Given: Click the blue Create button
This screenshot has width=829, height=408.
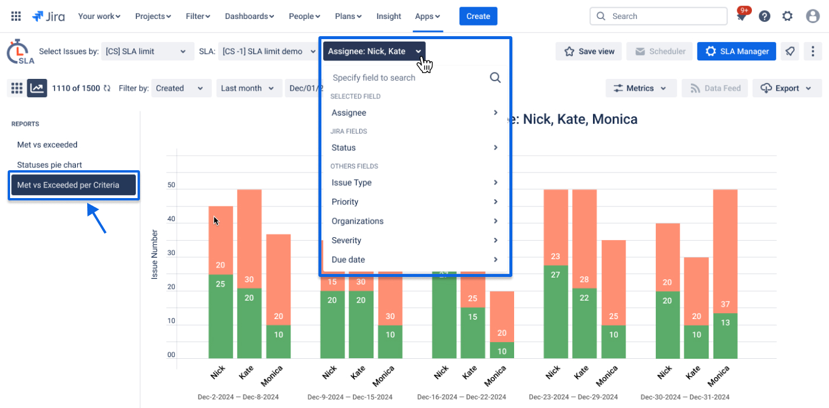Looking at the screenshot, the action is click(478, 16).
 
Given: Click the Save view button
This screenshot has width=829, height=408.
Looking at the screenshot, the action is click(588, 52).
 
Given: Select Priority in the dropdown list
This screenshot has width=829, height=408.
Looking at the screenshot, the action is click(345, 202).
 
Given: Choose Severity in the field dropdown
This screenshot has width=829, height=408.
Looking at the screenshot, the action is click(346, 241).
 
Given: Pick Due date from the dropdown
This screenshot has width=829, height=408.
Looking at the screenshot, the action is click(348, 260).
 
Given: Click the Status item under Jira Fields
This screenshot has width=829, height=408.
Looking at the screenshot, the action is click(343, 148).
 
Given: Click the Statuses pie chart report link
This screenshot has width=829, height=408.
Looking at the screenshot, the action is click(49, 165).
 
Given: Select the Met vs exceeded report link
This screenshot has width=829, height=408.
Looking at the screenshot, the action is click(47, 145).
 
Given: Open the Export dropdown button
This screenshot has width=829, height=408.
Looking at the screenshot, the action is click(787, 88).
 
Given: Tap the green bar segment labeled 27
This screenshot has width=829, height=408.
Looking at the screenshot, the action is click(556, 311).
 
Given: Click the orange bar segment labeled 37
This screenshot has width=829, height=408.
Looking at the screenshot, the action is click(725, 251).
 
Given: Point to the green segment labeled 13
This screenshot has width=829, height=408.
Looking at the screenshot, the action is click(725, 336).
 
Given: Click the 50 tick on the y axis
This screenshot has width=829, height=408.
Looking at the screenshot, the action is click(171, 185).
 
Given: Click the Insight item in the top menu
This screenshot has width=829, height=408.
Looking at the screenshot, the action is click(388, 16).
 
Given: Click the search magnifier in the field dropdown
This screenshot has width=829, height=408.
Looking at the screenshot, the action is click(495, 78).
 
